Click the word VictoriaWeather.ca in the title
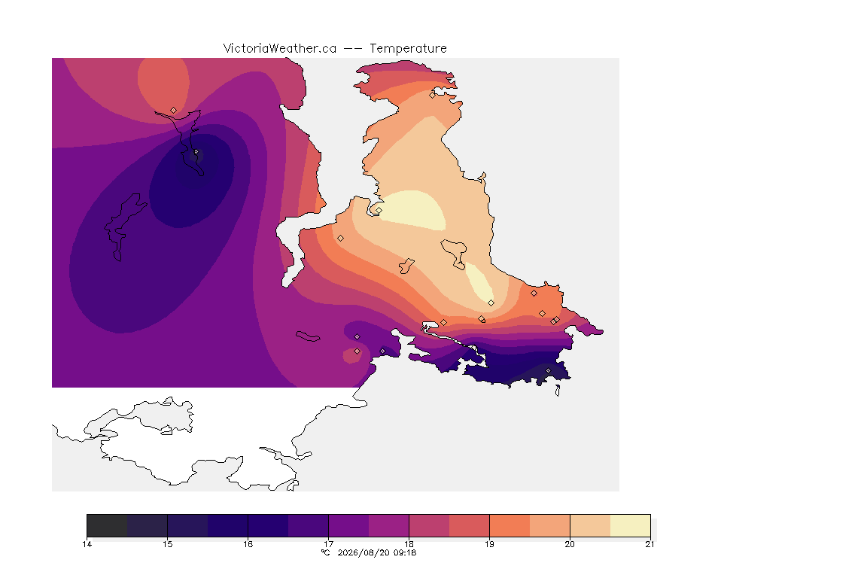(x=280, y=49)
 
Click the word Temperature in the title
(x=408, y=49)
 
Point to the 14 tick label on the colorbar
(x=87, y=544)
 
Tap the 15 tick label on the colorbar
(x=168, y=544)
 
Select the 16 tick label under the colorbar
(x=248, y=544)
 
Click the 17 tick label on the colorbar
(x=328, y=544)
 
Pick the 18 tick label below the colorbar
(x=409, y=544)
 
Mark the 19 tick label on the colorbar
(x=489, y=544)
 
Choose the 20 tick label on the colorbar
(x=570, y=544)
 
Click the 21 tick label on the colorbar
(x=649, y=544)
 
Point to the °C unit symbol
(x=326, y=552)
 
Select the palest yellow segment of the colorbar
(x=631, y=525)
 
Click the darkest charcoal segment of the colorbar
(x=108, y=525)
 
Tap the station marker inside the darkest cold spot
(x=196, y=151)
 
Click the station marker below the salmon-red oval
(x=174, y=111)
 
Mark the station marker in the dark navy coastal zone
(x=548, y=370)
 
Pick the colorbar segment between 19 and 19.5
(x=510, y=525)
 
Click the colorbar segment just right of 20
(x=590, y=525)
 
